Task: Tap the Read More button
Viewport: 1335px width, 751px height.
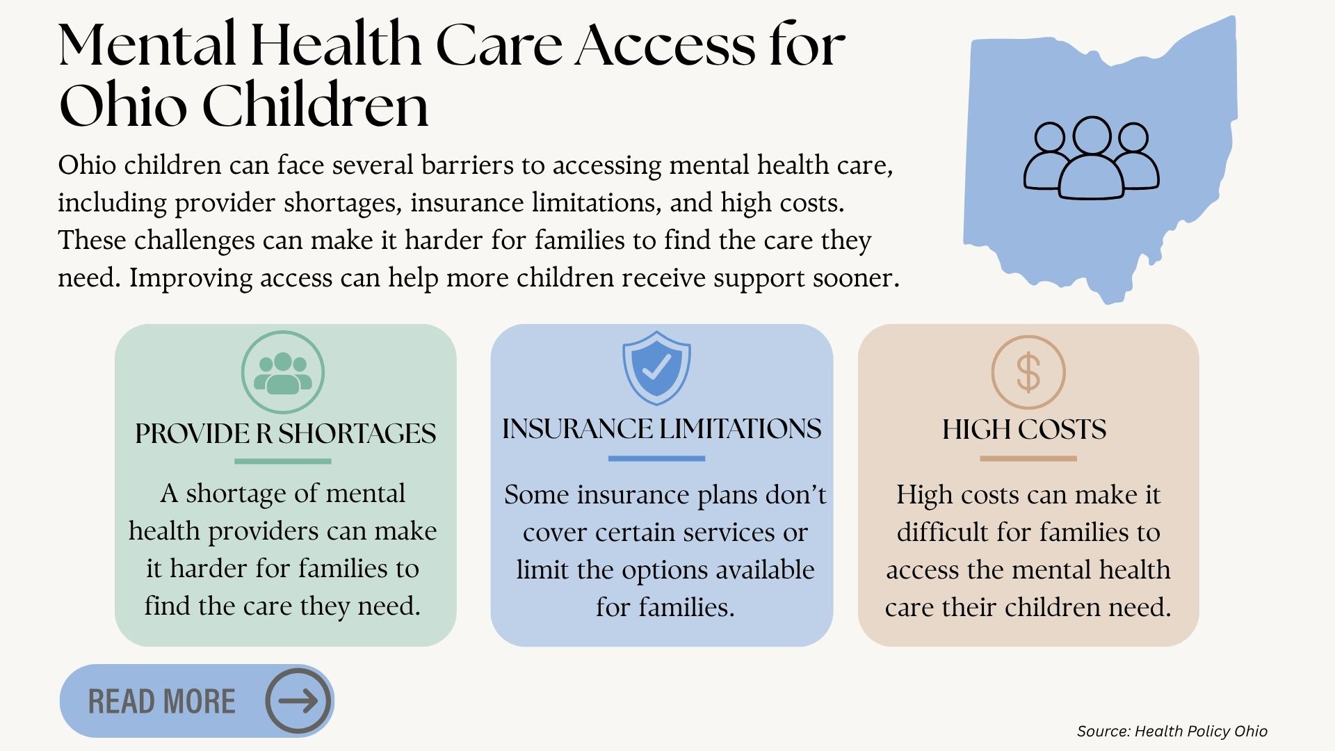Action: (197, 701)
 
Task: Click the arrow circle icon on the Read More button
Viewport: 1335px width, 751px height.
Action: (298, 701)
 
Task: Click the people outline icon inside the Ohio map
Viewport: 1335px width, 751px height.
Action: (1091, 158)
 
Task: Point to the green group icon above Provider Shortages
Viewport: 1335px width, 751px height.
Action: (283, 373)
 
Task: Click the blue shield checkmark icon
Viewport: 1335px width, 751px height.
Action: (656, 368)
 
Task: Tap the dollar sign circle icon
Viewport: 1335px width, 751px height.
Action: (1028, 372)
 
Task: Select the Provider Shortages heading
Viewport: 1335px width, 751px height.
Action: (286, 433)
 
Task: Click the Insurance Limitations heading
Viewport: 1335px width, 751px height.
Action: (662, 428)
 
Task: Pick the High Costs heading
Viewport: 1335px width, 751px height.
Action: (1024, 429)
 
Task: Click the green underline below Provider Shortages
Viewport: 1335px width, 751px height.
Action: (283, 461)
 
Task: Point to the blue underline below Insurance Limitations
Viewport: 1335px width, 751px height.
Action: (656, 458)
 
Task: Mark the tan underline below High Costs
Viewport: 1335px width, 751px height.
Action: (1028, 458)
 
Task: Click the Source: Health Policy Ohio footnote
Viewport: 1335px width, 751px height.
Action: (1172, 731)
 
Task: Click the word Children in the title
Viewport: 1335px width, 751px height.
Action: (315, 106)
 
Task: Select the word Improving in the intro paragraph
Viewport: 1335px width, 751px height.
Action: (191, 278)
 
